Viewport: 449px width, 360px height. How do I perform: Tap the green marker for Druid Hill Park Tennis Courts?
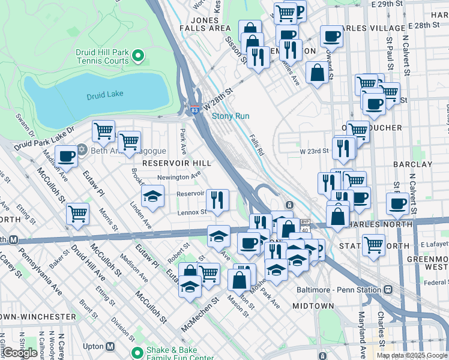pyautogui.click(x=138, y=57)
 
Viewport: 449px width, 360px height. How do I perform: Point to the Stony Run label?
pyautogui.click(x=230, y=116)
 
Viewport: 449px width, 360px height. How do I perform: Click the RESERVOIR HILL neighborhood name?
pyautogui.click(x=173, y=163)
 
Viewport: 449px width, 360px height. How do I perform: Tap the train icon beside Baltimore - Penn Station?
pyautogui.click(x=388, y=289)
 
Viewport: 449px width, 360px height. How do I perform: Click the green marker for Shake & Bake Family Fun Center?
pyautogui.click(x=138, y=352)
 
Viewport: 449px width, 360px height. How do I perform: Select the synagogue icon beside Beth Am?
pyautogui.click(x=82, y=150)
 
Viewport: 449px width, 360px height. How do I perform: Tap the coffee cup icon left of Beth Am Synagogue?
pyautogui.click(x=66, y=156)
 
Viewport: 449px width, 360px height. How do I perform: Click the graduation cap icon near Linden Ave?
pyautogui.click(x=152, y=196)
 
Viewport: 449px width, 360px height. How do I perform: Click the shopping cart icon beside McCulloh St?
pyautogui.click(x=78, y=214)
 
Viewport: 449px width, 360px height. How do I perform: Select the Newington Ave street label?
pyautogui.click(x=178, y=177)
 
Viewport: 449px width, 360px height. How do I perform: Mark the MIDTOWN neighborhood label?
pyautogui.click(x=313, y=306)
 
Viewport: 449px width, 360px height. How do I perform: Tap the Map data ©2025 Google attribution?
pyautogui.click(x=412, y=355)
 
